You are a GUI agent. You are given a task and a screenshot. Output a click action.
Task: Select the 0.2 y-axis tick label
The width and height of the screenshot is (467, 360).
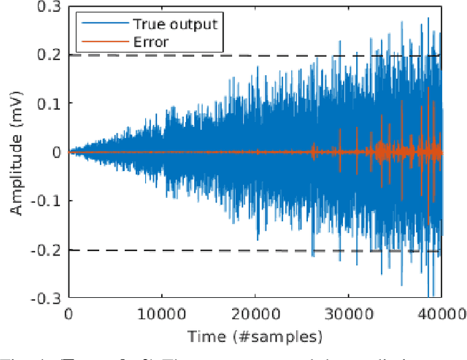tap(50, 54)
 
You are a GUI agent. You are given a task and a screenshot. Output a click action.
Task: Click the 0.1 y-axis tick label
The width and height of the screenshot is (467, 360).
tap(50, 103)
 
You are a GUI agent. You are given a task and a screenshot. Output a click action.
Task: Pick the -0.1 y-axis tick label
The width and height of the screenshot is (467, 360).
tap(47, 202)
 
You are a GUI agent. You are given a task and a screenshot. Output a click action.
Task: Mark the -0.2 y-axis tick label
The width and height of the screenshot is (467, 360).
tap(47, 250)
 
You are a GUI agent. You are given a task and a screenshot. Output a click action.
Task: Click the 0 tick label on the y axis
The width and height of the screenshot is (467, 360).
tap(56, 152)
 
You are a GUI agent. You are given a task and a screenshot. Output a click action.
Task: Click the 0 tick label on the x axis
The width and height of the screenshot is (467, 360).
tap(68, 314)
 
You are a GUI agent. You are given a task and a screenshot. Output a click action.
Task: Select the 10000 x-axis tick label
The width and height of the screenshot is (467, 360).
tap(161, 314)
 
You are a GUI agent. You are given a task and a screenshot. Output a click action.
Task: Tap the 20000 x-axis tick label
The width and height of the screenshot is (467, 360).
tap(255, 314)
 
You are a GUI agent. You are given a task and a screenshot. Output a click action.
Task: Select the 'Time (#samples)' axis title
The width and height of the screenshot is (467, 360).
tap(255, 336)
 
